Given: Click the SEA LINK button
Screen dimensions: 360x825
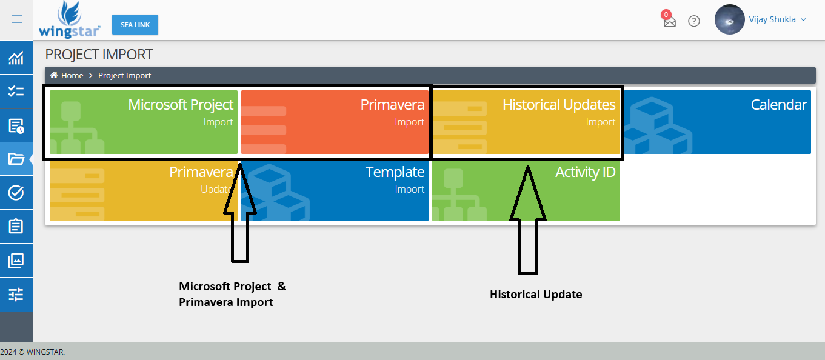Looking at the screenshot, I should pyautogui.click(x=135, y=25).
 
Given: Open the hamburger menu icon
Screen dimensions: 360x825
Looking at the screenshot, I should pyautogui.click(x=16, y=19).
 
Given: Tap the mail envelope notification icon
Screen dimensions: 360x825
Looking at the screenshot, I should pyautogui.click(x=669, y=21).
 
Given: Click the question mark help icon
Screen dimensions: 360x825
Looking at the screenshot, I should pyautogui.click(x=694, y=21).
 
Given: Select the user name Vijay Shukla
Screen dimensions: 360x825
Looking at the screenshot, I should pyautogui.click(x=772, y=19).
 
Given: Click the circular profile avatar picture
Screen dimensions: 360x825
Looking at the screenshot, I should pyautogui.click(x=730, y=20).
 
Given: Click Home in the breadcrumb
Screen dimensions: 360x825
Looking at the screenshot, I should pyautogui.click(x=72, y=75).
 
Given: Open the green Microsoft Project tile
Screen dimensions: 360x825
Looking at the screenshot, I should pyautogui.click(x=144, y=122).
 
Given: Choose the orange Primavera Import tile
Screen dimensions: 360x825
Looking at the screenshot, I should pyautogui.click(x=335, y=122).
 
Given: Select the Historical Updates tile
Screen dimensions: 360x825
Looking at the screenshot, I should pyautogui.click(x=526, y=122).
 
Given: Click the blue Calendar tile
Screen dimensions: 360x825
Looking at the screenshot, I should pyautogui.click(x=717, y=122).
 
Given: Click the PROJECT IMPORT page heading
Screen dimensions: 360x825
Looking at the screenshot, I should pyautogui.click(x=99, y=55).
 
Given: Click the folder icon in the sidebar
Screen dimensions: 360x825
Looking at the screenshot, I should pyautogui.click(x=16, y=159).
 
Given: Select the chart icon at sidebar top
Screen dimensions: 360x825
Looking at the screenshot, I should pyautogui.click(x=16, y=58).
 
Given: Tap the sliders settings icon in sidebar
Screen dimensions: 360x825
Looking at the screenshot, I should pyautogui.click(x=16, y=295).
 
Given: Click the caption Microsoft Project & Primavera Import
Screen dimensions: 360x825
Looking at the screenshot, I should pyautogui.click(x=232, y=294).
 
